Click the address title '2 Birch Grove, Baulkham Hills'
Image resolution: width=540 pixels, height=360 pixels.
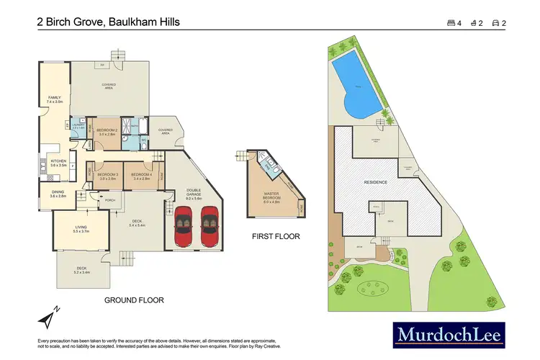coord(109,22)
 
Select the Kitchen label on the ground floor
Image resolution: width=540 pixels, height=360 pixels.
coord(58,163)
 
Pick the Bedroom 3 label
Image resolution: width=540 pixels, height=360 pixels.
coord(107,176)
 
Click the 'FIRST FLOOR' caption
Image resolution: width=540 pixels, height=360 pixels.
coord(276,236)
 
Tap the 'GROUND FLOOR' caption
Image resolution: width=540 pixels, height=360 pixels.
coord(134,300)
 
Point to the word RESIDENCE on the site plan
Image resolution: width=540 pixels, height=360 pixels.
coord(376,182)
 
